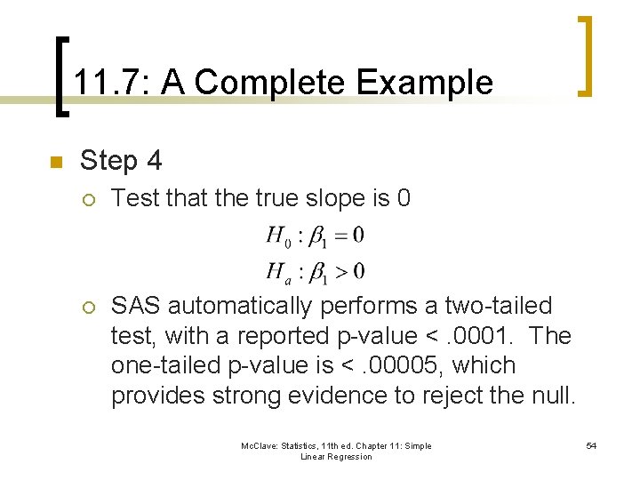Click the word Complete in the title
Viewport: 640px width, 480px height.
[270, 83]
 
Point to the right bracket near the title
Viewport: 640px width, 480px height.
[586, 55]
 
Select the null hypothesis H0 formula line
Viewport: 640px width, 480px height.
[315, 236]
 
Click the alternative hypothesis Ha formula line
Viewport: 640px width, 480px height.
[315, 270]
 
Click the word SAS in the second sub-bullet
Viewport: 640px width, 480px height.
[136, 306]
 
